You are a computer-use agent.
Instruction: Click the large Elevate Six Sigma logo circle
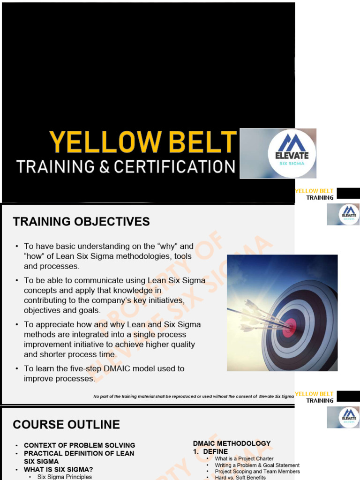click(292, 154)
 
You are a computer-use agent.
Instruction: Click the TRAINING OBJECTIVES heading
click(81, 222)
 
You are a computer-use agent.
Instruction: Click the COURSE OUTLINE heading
click(66, 425)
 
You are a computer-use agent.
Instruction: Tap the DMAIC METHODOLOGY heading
click(232, 443)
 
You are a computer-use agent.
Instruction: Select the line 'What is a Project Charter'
click(244, 458)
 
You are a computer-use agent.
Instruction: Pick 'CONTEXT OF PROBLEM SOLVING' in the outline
click(79, 445)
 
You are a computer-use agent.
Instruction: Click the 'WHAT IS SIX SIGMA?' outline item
click(58, 469)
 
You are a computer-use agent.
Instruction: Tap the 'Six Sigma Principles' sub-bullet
click(64, 477)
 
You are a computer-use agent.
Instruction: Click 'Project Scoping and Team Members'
click(257, 471)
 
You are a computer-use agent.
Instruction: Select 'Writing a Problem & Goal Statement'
click(257, 465)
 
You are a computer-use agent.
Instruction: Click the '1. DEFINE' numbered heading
click(210, 451)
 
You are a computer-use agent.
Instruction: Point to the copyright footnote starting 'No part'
click(193, 397)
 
